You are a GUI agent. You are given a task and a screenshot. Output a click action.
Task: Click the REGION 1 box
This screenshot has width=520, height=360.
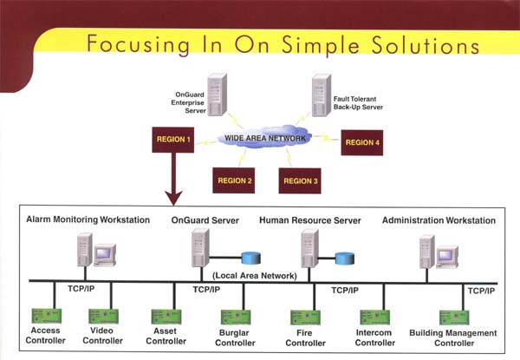[172, 140]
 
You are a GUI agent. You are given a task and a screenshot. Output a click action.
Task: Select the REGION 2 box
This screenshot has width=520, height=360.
[233, 180]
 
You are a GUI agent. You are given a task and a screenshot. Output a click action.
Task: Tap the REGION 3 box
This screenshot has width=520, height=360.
[300, 180]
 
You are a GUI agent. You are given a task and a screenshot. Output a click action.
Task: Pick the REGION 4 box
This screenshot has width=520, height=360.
[361, 142]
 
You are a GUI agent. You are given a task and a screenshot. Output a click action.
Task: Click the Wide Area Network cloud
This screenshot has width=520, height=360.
[264, 138]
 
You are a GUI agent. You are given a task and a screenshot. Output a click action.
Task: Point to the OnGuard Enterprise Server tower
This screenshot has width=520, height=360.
[218, 95]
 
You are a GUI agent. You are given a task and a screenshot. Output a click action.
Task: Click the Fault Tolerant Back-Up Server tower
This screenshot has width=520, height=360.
[322, 95]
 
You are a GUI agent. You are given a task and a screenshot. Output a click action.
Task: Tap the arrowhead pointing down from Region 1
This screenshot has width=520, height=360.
[173, 198]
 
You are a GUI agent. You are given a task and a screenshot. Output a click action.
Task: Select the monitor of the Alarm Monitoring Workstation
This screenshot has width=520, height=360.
[105, 255]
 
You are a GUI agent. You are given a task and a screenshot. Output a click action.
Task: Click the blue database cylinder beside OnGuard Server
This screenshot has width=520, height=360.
[251, 259]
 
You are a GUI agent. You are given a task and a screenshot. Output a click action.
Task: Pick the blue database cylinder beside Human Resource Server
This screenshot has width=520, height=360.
[345, 259]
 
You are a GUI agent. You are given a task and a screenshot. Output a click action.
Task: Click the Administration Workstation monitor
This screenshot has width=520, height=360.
[447, 257]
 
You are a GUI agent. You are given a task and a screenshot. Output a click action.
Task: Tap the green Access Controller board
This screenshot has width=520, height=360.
[47, 316]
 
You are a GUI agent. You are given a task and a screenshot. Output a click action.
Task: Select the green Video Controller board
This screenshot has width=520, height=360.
[103, 317]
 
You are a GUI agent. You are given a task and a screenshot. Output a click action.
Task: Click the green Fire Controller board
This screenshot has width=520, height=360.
[305, 317]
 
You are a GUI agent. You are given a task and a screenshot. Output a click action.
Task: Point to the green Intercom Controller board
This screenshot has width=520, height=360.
[375, 317]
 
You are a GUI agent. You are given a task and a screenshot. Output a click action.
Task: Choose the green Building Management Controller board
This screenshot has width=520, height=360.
[454, 317]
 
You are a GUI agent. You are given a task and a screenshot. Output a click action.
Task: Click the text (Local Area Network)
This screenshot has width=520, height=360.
[255, 276]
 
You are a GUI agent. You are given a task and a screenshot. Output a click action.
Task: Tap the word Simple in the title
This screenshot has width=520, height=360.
[320, 45]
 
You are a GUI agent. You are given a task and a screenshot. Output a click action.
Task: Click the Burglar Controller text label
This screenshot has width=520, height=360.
[235, 337]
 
